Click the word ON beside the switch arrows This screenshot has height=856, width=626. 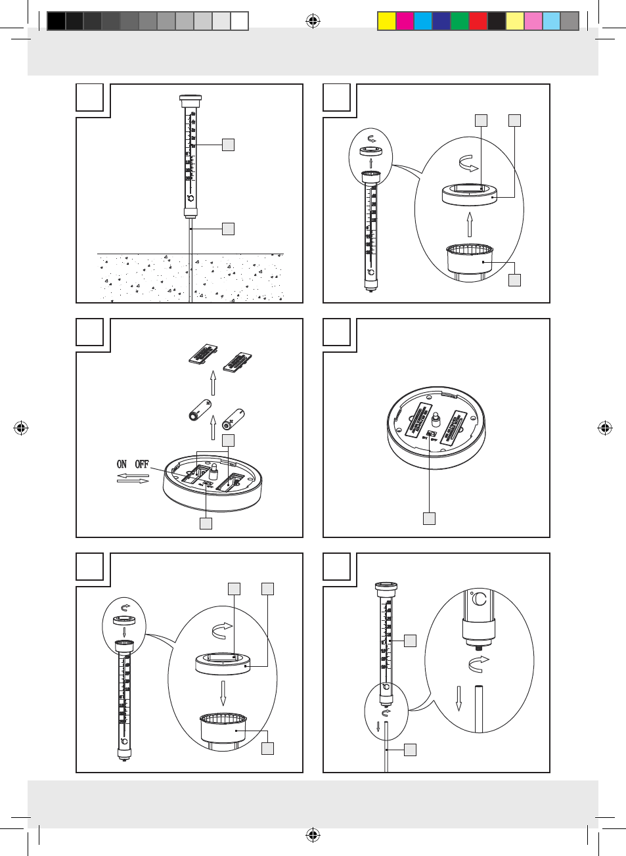coord(122,464)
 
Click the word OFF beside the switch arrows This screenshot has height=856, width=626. coord(142,464)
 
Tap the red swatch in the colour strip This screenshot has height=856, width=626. coord(478,21)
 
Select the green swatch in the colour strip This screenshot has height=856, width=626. coord(460,21)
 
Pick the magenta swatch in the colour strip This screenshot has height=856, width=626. coord(405,21)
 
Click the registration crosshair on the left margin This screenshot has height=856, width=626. coord(21,428)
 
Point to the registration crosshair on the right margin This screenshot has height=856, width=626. coord(605,428)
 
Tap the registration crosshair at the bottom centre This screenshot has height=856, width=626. coord(313,835)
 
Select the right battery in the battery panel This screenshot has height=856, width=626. coord(233,418)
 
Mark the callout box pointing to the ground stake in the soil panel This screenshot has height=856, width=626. coord(228,229)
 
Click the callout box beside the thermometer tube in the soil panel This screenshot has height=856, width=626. coord(228,145)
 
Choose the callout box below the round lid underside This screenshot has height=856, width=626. coord(429,518)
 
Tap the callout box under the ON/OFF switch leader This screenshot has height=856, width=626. coord(206,524)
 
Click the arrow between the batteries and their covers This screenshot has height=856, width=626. coord(213,383)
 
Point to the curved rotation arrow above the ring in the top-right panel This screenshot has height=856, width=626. coord(468,163)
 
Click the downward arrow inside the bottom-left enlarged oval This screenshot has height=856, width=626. coord(223,692)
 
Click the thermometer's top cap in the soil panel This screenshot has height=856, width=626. coord(190,101)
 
